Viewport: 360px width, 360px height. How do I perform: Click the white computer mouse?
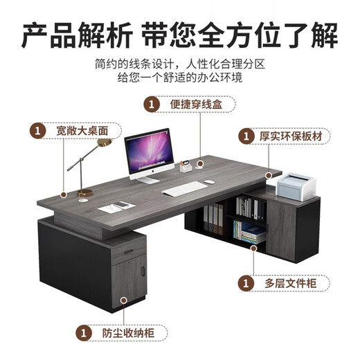209,183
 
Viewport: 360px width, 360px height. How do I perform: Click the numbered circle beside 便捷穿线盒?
149,105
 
